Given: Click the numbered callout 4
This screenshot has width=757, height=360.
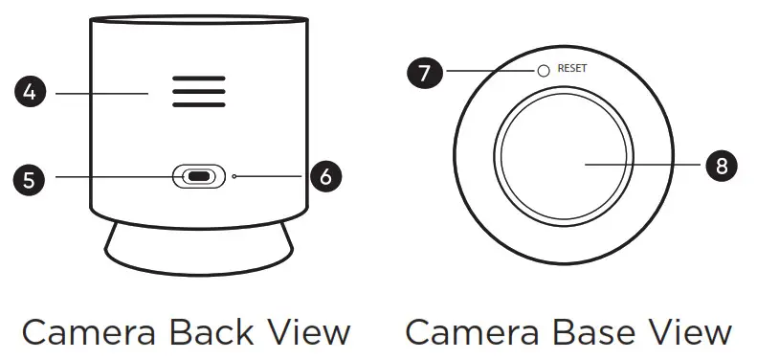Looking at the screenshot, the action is [31, 93].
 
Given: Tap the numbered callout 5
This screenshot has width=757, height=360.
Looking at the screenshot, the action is [31, 177].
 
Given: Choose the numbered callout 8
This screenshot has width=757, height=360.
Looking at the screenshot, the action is [721, 166].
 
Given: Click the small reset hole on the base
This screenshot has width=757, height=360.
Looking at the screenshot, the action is [543, 71].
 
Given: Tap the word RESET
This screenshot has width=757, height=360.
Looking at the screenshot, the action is [571, 70].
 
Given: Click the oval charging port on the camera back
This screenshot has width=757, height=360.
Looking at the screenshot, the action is [199, 177].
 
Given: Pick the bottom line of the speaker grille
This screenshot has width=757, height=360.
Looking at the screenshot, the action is [199, 104].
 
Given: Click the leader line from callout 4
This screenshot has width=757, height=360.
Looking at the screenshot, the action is [100, 93].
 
